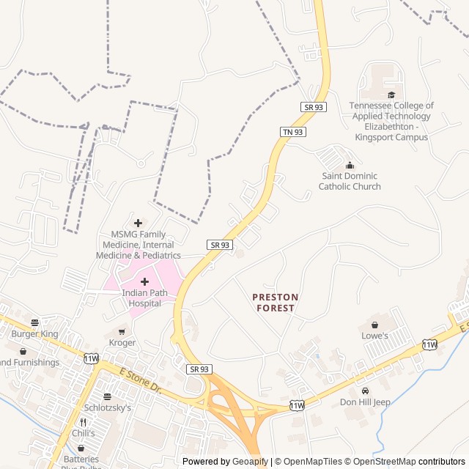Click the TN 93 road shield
point(293,132)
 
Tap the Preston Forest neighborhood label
point(276,303)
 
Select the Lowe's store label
point(374,336)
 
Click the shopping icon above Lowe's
point(374,325)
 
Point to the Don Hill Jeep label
point(365,402)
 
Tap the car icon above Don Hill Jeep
point(365,391)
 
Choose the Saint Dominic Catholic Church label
point(350,181)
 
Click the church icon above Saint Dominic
point(350,165)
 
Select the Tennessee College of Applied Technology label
point(391,121)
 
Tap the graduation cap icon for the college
point(391,95)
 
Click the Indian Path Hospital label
point(144,298)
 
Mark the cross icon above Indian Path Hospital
point(144,282)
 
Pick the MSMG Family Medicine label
point(138,244)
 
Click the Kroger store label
point(122,342)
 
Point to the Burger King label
point(34,333)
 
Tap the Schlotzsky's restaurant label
point(107,407)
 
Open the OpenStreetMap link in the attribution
point(384,462)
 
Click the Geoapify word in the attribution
point(251,462)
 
